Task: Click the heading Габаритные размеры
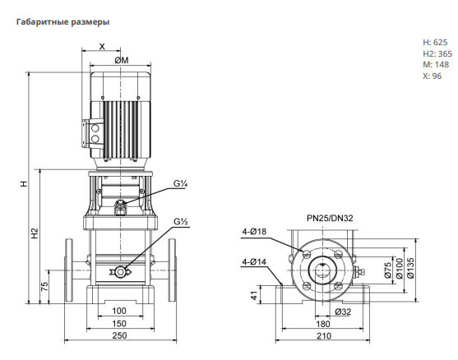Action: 62,22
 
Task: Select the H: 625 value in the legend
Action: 435,43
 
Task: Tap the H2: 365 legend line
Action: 437,53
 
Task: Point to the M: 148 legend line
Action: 436,65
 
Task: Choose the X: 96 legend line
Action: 432,76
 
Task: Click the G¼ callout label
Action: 180,183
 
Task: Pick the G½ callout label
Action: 181,222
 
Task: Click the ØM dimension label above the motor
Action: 121,60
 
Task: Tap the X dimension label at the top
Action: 102,47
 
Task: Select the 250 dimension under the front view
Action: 120,335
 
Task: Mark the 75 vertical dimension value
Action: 44,287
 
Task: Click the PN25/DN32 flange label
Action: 330,218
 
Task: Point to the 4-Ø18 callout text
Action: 254,232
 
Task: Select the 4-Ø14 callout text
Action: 254,262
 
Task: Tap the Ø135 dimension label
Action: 410,268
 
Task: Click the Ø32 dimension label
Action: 343,312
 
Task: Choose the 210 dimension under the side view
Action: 324,336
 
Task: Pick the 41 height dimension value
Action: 254,295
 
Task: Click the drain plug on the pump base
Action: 120,272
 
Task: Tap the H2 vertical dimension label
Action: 35,233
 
